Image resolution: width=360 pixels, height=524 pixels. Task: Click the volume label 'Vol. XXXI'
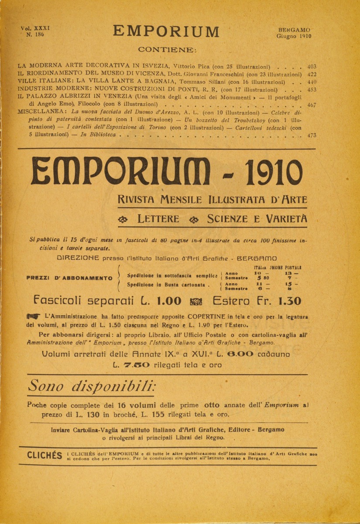tap(35, 27)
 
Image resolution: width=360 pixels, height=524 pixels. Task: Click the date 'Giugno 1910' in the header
tap(294, 36)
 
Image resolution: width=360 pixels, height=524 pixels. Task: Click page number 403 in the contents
tap(312, 67)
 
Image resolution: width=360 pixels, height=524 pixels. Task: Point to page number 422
tap(312, 74)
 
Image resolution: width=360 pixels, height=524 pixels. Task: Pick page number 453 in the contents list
tap(312, 89)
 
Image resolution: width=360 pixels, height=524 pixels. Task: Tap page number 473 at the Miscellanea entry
tap(312, 135)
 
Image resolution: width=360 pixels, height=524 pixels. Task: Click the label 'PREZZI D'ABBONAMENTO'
tap(69, 278)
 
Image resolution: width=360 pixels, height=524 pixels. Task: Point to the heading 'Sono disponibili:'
tap(91, 386)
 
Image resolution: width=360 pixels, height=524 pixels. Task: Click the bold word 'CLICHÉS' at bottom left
tap(45, 456)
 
